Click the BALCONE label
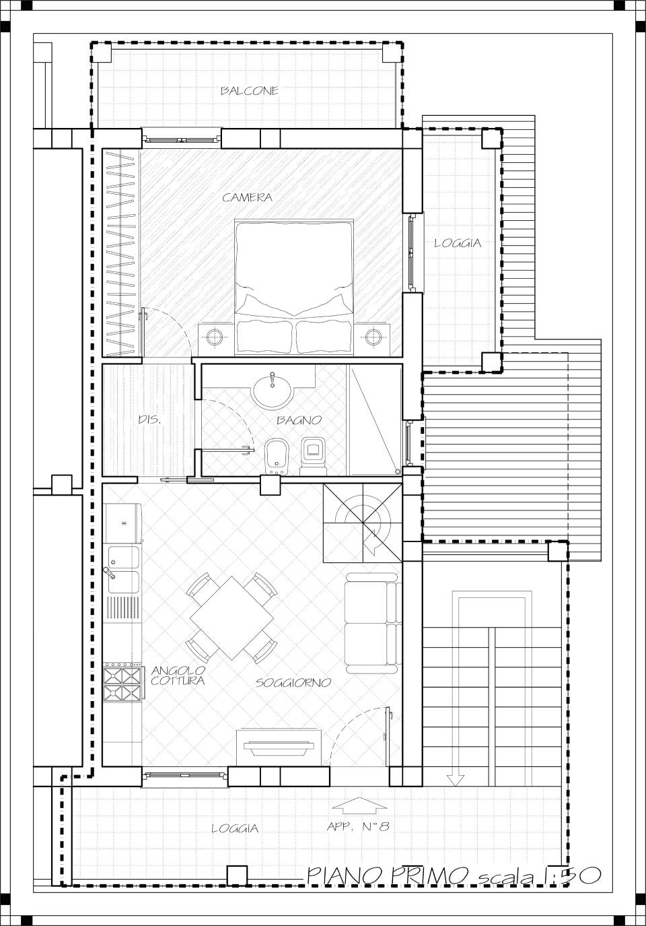[250, 91]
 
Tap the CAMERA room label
[248, 197]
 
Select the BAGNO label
[299, 420]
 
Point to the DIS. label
[149, 420]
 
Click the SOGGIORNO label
[293, 682]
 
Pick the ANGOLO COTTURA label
[178, 675]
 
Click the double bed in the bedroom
[294, 288]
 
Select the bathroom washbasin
[273, 389]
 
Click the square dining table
[231, 618]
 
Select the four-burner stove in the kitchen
[122, 684]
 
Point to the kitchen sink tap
[108, 572]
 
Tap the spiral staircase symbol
[362, 523]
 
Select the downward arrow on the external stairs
[455, 688]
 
